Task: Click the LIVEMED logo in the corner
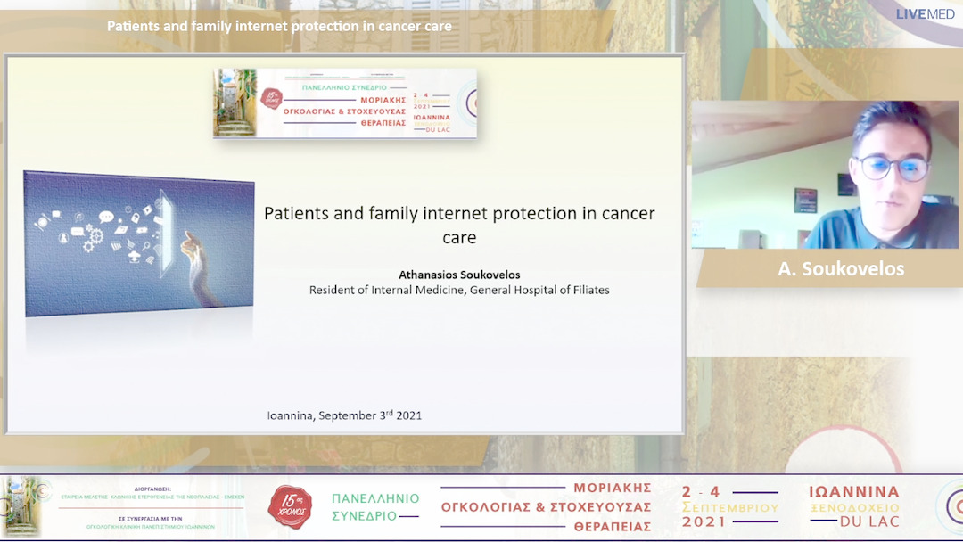click(x=925, y=14)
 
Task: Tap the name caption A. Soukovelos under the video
click(x=841, y=269)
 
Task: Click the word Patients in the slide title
click(x=296, y=214)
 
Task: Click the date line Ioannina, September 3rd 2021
click(x=344, y=415)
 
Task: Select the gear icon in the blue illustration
click(x=94, y=238)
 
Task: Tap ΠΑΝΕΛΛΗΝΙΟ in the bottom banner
click(x=375, y=498)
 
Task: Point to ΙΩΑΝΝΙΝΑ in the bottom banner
click(x=854, y=492)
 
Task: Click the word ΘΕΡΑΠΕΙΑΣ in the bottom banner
click(x=613, y=526)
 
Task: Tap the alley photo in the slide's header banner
click(x=235, y=103)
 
